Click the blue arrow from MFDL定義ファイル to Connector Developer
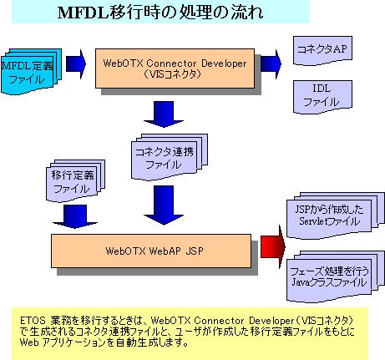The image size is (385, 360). [x=76, y=63]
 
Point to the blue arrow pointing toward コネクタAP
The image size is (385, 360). [x=269, y=63]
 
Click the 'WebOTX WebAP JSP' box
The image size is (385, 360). [x=151, y=249]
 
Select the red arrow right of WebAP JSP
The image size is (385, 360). [x=271, y=248]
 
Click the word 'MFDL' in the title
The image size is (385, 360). [x=78, y=13]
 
